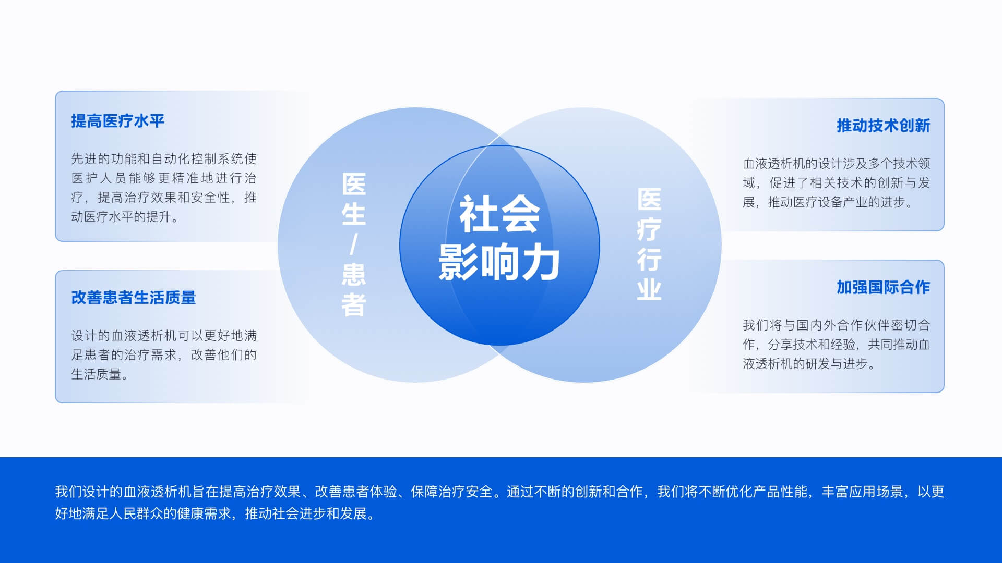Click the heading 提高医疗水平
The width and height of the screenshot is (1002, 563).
pyautogui.click(x=118, y=121)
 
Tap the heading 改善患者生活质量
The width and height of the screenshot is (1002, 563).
pyautogui.click(x=134, y=298)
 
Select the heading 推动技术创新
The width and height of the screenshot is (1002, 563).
pyautogui.click(x=883, y=126)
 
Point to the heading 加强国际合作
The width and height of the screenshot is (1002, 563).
pyautogui.click(x=883, y=287)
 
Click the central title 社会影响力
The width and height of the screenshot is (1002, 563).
pyautogui.click(x=499, y=238)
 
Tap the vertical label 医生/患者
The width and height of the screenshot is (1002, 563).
pyautogui.click(x=354, y=245)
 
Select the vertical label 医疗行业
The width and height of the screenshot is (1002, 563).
pyautogui.click(x=649, y=244)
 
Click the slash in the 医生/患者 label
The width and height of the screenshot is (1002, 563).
pyautogui.click(x=354, y=244)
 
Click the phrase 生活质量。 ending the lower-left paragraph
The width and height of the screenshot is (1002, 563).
pyautogui.click(x=100, y=374)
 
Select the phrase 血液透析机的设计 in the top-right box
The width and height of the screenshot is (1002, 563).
pyautogui.click(x=793, y=164)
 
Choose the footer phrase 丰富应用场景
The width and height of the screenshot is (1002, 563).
pyautogui.click(x=863, y=492)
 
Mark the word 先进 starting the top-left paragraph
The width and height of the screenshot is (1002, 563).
pyautogui.click(x=84, y=159)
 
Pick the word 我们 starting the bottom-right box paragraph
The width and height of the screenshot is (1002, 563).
pyautogui.click(x=755, y=325)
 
